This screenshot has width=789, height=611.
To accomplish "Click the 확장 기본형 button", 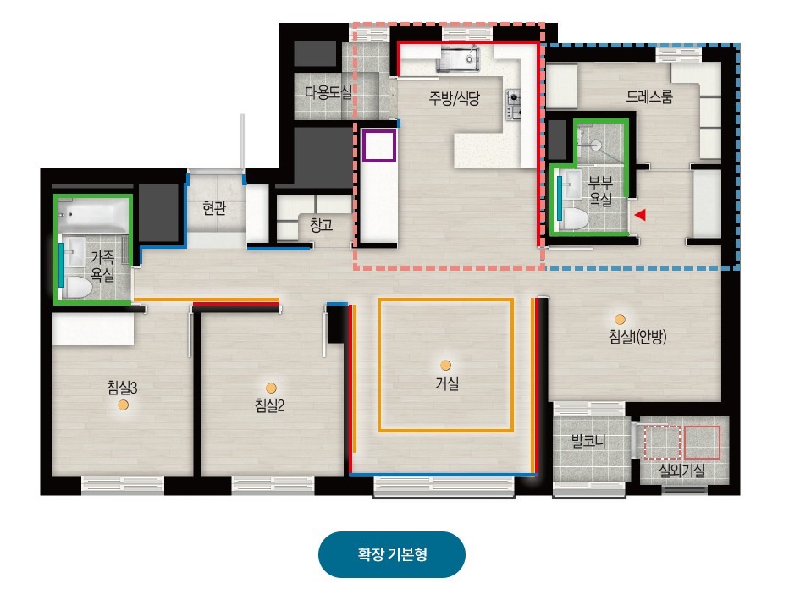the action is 391,554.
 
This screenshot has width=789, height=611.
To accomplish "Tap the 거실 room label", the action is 447,383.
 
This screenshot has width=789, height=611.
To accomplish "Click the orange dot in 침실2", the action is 271,388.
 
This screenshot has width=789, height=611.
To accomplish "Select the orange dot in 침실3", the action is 124,405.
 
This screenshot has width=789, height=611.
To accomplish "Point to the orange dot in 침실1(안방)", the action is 620,319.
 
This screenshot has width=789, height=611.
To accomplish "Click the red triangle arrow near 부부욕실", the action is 640,215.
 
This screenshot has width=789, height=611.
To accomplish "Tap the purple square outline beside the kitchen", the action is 379,146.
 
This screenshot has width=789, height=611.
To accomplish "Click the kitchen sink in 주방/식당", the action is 457,59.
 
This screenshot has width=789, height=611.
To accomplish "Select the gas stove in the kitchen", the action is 513,105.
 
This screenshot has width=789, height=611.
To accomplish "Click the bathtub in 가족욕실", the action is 93,216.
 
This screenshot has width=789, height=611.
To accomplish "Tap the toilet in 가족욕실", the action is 77,287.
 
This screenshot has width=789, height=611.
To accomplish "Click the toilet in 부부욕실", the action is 575,220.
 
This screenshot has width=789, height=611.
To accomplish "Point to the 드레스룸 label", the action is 649,96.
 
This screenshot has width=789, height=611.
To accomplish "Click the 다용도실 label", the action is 328,92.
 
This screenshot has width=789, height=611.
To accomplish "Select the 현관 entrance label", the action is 214,207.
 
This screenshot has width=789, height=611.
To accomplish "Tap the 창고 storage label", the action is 322,225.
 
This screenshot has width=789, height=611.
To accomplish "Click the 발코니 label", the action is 588,441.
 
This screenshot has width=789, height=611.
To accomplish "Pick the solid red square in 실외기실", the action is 702,443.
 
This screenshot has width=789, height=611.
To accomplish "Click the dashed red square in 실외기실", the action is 662,443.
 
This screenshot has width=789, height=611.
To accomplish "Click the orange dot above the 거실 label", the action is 445,365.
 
